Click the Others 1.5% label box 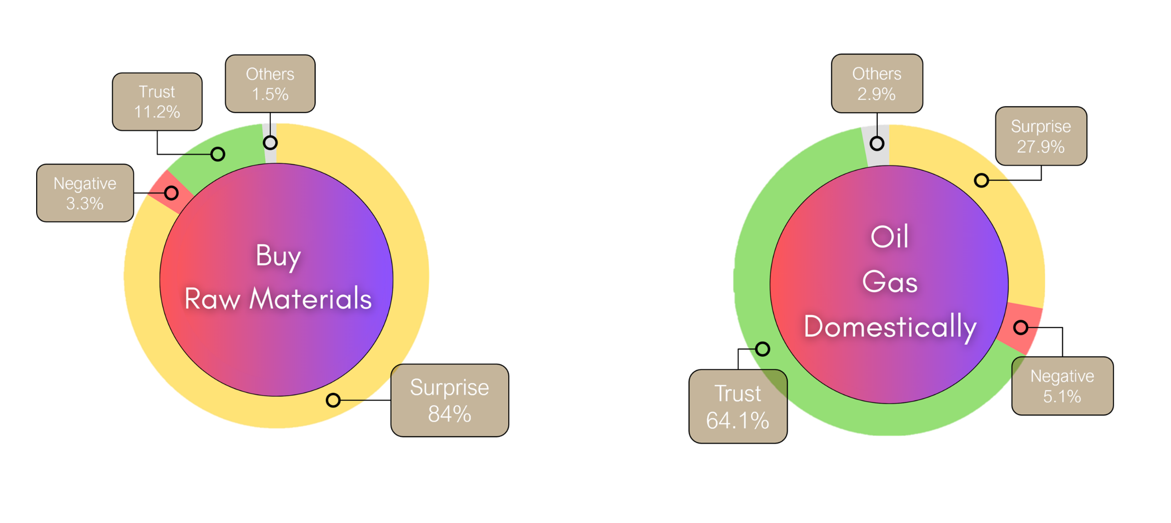point(270,84)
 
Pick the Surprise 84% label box point(449,400)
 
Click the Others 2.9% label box point(876,84)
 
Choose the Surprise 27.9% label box point(1041,136)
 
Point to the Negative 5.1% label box point(1062,386)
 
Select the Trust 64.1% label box point(738,406)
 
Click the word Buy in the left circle point(278,256)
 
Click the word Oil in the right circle point(889,237)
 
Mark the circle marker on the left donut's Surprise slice point(333,400)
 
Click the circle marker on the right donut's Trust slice point(762,349)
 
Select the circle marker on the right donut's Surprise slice point(981,180)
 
